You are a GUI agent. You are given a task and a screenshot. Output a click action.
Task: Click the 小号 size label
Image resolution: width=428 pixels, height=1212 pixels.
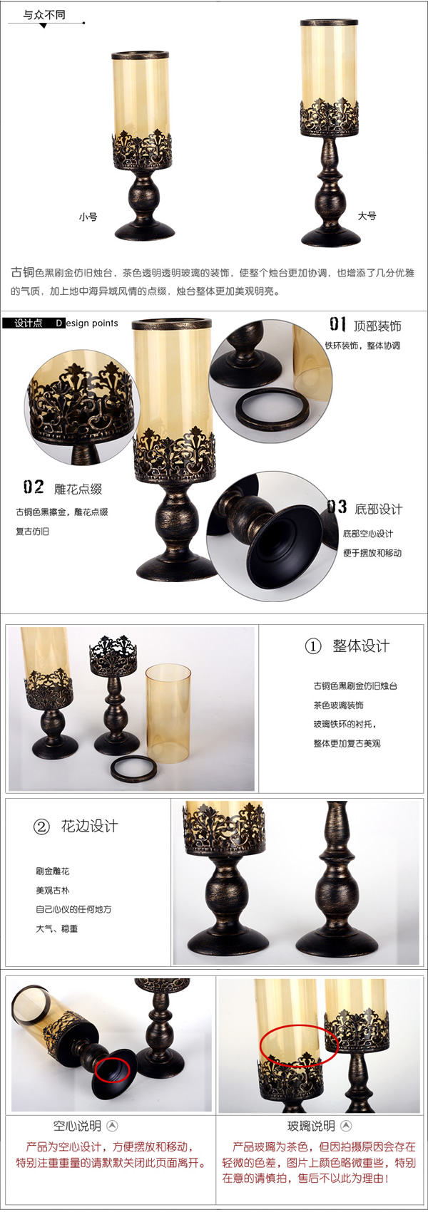click(88, 217)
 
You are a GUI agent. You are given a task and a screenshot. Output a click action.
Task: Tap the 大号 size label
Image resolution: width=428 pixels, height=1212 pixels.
click(367, 216)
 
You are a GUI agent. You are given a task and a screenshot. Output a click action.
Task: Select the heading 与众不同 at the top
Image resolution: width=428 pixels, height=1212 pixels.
click(44, 15)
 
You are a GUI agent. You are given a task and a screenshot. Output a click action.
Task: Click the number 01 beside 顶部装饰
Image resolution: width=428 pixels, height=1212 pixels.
click(337, 324)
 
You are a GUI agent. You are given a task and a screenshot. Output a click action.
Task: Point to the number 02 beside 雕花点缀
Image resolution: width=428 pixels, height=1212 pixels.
click(34, 487)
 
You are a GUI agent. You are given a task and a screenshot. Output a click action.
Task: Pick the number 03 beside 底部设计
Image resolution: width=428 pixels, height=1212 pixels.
click(337, 507)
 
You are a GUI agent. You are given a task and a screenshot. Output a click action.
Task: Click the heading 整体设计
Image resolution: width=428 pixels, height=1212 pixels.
click(361, 646)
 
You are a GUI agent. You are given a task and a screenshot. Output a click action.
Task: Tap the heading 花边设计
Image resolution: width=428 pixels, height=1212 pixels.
click(89, 827)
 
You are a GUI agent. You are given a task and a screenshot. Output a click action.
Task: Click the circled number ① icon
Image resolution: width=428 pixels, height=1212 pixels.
click(313, 646)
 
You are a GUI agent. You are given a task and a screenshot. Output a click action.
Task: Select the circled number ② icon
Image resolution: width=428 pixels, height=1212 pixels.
click(41, 827)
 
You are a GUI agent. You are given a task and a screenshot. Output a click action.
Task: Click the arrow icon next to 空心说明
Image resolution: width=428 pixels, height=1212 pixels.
click(112, 1126)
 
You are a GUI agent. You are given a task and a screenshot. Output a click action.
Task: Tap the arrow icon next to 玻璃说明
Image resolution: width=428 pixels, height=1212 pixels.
click(347, 1126)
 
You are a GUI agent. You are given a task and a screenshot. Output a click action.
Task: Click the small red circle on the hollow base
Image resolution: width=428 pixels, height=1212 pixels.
click(113, 1069)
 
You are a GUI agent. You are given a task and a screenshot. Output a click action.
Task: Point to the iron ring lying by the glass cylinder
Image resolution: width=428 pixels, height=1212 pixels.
click(133, 768)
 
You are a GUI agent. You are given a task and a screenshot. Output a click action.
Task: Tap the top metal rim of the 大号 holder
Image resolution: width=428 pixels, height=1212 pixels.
click(330, 24)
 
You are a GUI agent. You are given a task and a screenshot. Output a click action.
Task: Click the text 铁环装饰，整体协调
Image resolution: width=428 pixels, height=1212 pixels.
click(362, 346)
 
